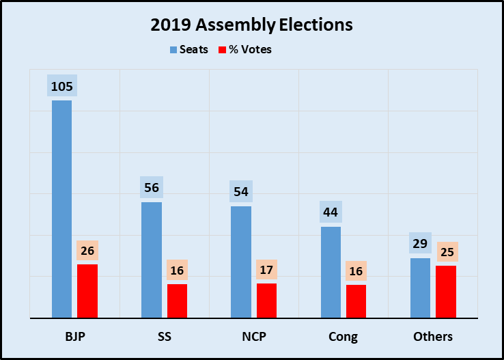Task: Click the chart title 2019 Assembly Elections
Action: (252, 26)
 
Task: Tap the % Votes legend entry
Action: (245, 50)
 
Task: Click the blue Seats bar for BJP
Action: (61, 209)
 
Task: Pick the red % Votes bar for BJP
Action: (87, 291)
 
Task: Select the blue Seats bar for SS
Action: (152, 260)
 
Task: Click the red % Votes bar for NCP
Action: (266, 301)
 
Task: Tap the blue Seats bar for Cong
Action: (331, 272)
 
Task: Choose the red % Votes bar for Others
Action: (445, 292)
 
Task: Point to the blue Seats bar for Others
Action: (420, 288)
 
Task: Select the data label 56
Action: (152, 187)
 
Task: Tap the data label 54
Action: (241, 191)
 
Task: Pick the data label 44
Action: (331, 212)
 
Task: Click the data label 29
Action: (420, 243)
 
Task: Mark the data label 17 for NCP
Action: (266, 270)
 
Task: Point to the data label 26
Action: (87, 251)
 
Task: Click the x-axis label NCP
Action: (253, 337)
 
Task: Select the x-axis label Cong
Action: (343, 337)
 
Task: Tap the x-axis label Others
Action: (433, 337)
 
